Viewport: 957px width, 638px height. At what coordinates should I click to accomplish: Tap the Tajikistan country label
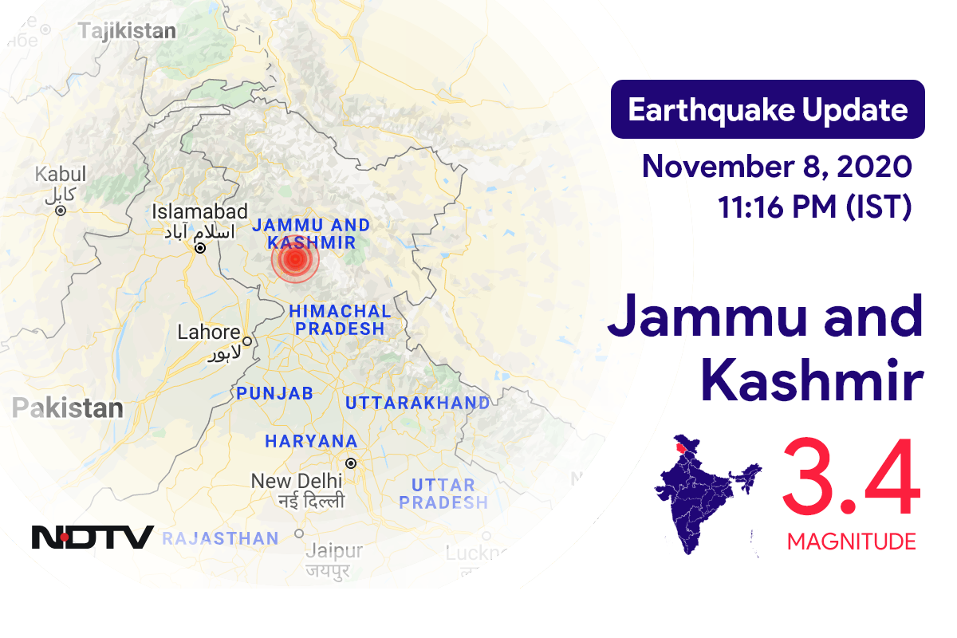[x=127, y=31]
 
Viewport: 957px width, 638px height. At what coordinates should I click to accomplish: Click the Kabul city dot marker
[x=61, y=211]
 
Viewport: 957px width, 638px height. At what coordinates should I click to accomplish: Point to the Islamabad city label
[x=200, y=212]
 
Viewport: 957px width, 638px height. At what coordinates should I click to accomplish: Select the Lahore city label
[x=209, y=332]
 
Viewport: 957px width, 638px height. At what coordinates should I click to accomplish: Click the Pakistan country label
[x=68, y=409]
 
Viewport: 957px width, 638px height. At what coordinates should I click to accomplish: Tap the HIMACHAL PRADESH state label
[x=340, y=319]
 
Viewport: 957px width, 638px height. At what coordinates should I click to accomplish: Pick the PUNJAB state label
[x=274, y=393]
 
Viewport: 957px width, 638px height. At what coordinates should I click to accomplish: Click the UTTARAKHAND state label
[x=417, y=404]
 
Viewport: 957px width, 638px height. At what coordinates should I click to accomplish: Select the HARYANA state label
[x=311, y=441]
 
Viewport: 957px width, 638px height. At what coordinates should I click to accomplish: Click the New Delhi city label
[x=297, y=481]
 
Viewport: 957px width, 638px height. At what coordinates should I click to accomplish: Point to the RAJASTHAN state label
[x=220, y=539]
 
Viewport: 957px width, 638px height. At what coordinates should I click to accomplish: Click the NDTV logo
[x=93, y=537]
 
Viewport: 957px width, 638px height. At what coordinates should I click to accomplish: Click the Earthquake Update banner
[x=767, y=109]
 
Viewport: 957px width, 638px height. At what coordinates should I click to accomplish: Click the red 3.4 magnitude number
[x=850, y=479]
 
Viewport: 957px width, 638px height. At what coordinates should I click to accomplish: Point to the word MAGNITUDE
[x=851, y=542]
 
